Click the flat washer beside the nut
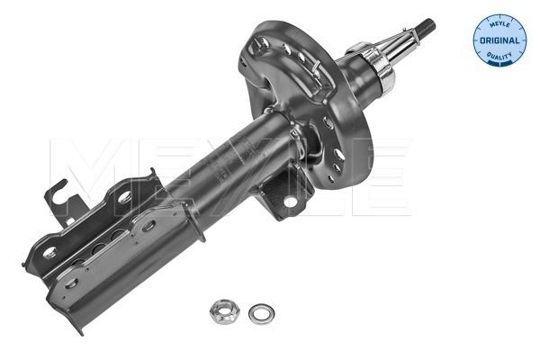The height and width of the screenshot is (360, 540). [261, 312]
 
